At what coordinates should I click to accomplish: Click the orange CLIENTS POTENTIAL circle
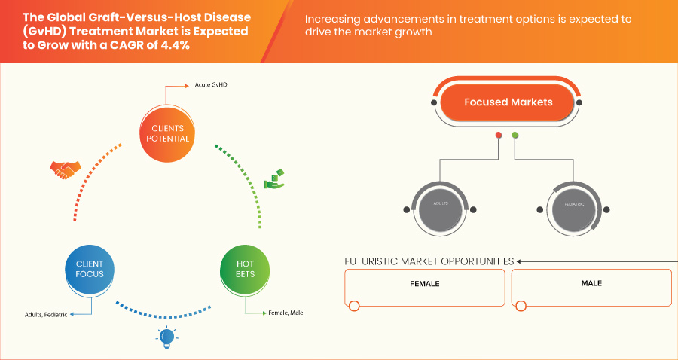(165, 133)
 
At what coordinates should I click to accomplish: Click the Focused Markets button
(508, 102)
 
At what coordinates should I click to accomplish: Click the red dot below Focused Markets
(498, 136)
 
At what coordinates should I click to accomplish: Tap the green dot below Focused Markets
(515, 136)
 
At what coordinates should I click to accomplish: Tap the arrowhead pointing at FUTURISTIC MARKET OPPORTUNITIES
(519, 261)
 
